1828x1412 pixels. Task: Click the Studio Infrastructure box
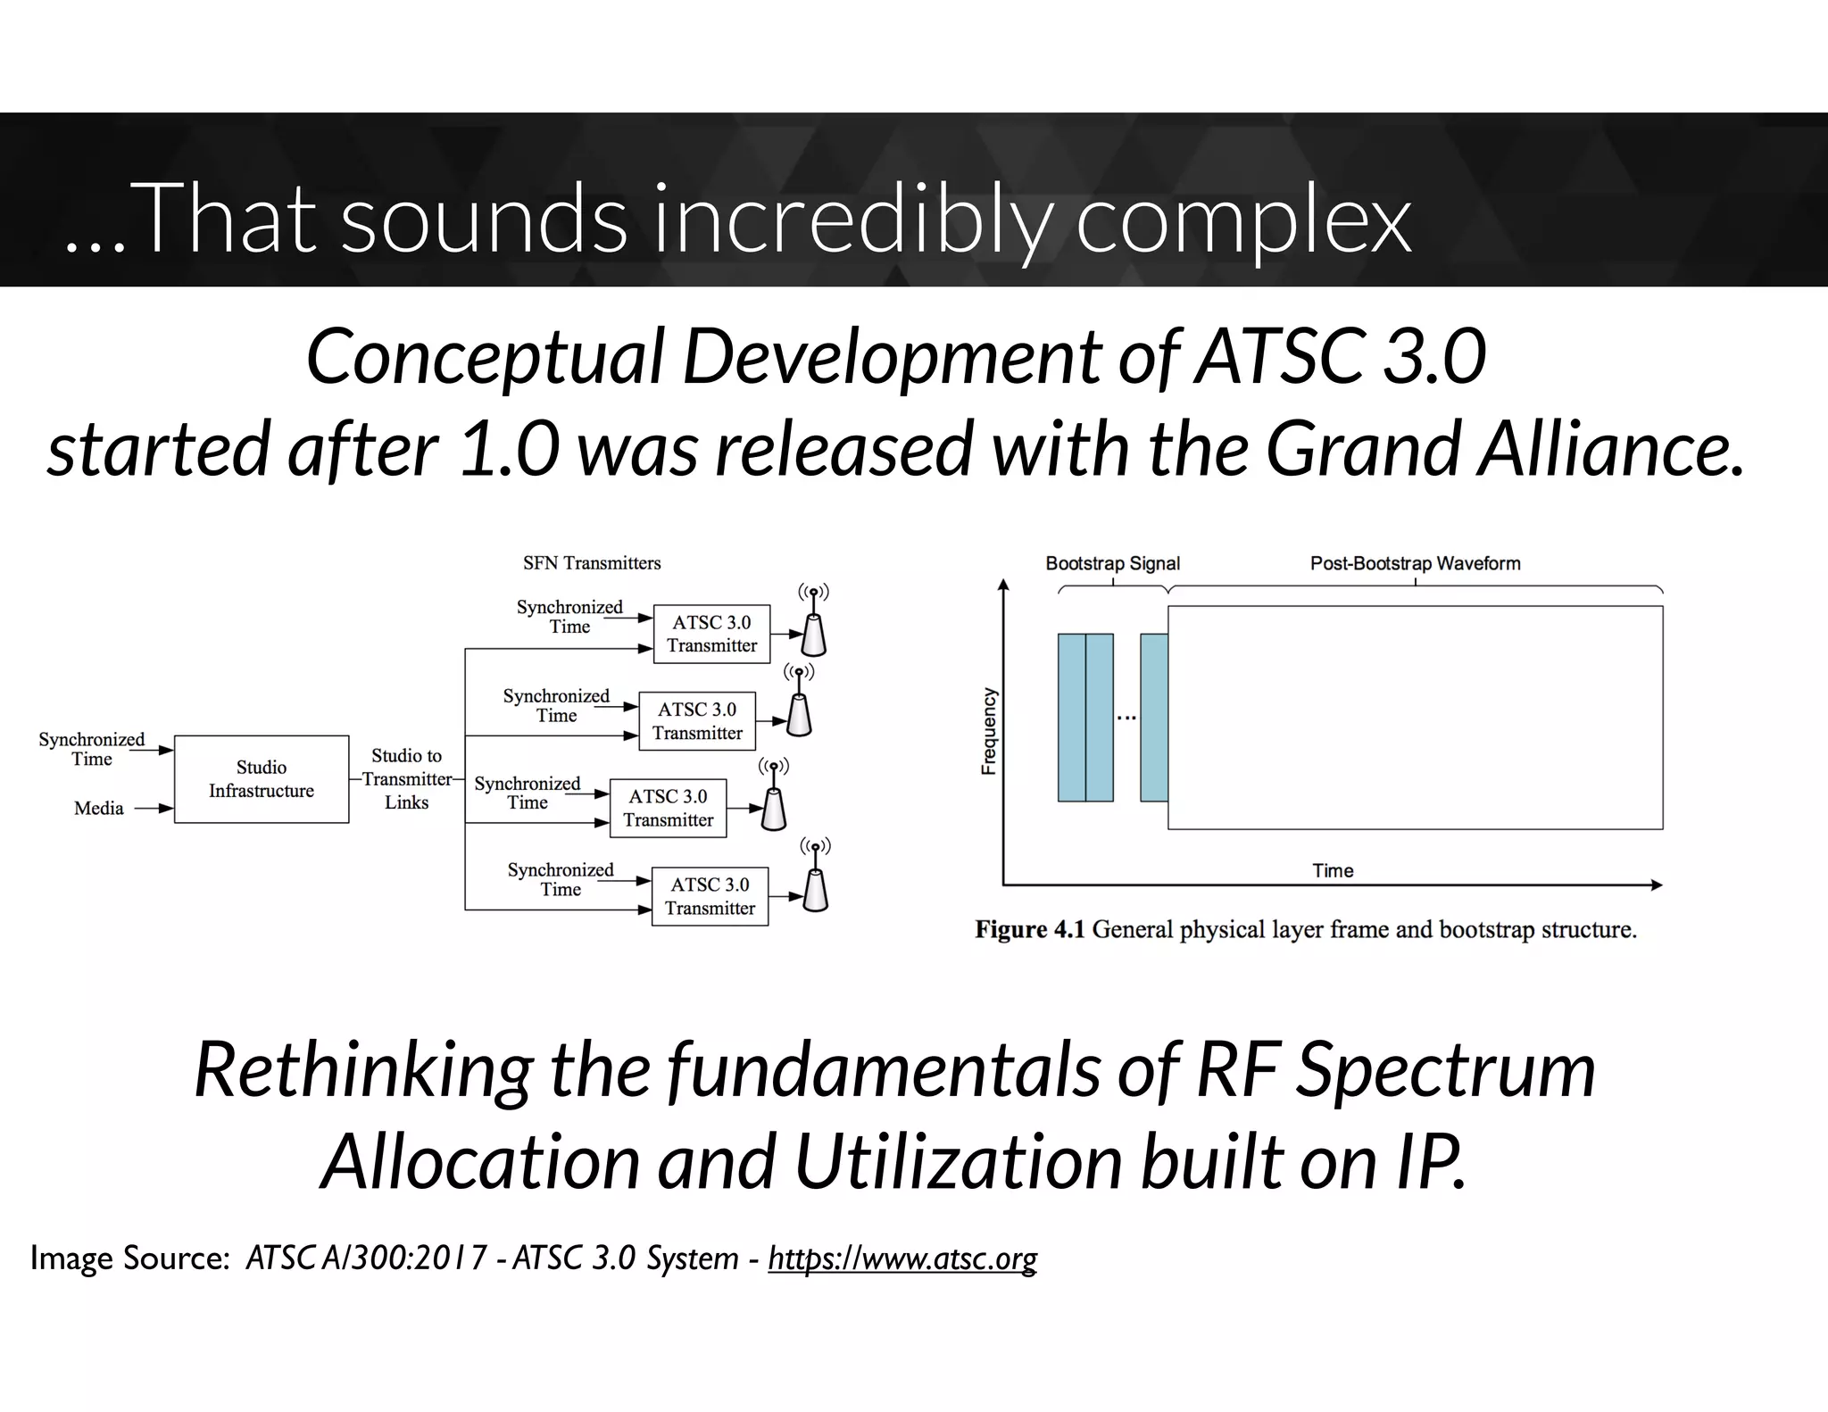[x=261, y=779]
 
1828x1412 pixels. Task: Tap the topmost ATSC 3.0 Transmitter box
[x=711, y=634]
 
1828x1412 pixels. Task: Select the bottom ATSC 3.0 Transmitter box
[x=710, y=896]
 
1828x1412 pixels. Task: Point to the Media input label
[x=98, y=809]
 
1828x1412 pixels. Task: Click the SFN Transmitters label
[x=592, y=563]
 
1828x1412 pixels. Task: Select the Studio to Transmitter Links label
[x=406, y=779]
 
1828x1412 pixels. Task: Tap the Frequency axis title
[x=988, y=731]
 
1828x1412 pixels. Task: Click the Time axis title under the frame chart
[x=1333, y=870]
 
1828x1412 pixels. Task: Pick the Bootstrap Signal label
[x=1112, y=563]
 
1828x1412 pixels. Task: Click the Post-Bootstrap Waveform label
[x=1415, y=563]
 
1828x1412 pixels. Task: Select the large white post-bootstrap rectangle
[x=1415, y=718]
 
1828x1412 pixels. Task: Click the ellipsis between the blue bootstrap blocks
[x=1126, y=718]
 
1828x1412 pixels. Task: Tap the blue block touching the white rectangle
[x=1154, y=718]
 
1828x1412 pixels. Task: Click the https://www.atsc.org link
[x=902, y=1258]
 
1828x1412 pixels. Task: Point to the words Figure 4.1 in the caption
[x=1029, y=930]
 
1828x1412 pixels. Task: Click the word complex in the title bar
[x=1242, y=220]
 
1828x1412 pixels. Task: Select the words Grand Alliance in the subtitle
[x=1503, y=449]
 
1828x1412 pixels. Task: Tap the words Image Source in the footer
[x=130, y=1258]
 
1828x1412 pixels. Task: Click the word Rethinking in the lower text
[x=362, y=1069]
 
